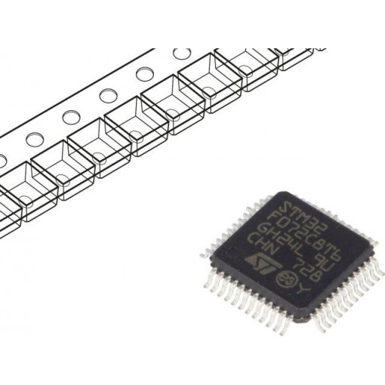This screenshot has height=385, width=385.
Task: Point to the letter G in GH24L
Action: click(x=254, y=225)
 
